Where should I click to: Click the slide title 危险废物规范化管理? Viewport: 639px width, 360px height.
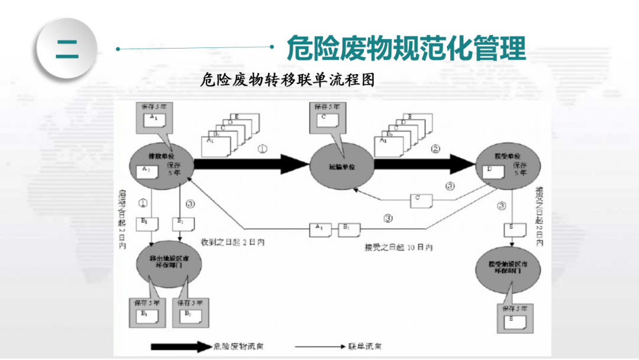pyautogui.click(x=406, y=48)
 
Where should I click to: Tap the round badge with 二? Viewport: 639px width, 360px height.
pyautogui.click(x=66, y=49)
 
